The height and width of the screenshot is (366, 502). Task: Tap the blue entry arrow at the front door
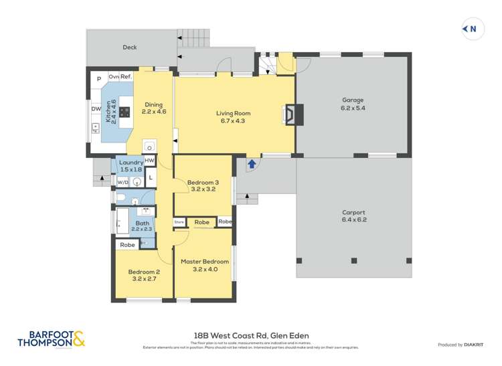click(252, 163)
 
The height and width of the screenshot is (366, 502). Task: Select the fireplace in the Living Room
click(292, 114)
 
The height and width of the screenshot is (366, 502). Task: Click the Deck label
click(129, 48)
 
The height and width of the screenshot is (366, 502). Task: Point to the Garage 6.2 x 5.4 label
click(353, 104)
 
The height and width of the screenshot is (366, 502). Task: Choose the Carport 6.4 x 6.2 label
click(353, 215)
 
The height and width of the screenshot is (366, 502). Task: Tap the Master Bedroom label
click(205, 265)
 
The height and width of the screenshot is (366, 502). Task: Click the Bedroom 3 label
click(202, 185)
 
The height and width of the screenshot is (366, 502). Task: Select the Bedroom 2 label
click(144, 275)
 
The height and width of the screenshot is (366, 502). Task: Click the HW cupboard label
click(149, 161)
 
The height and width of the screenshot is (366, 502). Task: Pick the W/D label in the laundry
click(122, 181)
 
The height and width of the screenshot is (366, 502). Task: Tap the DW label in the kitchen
click(96, 109)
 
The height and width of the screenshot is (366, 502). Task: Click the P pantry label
click(98, 78)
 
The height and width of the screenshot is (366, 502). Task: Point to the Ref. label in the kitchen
click(126, 77)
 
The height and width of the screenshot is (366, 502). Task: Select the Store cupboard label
click(179, 221)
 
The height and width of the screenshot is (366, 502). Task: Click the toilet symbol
click(121, 197)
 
